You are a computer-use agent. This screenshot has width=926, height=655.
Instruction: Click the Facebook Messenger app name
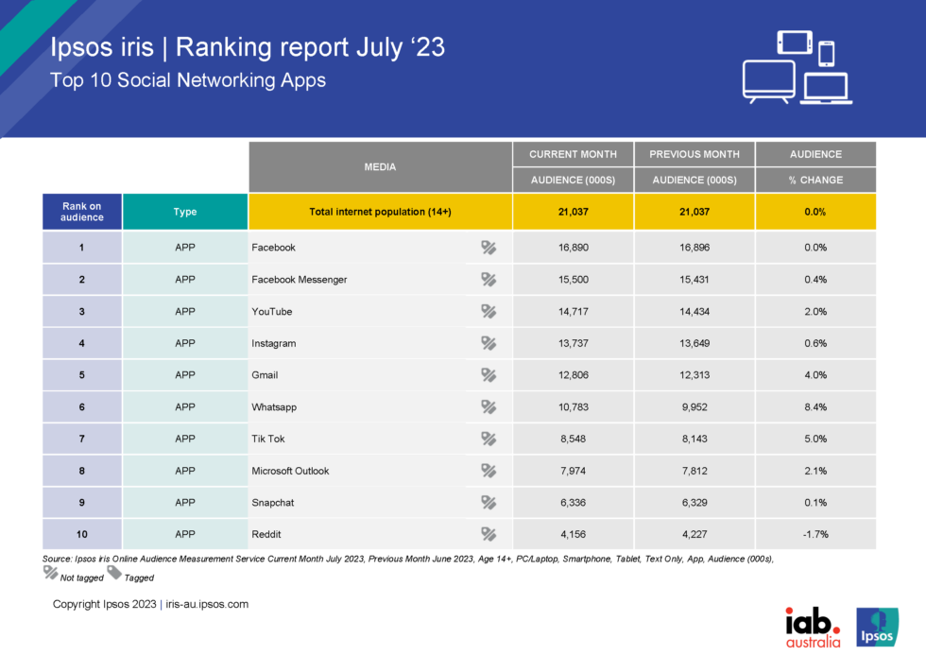(300, 280)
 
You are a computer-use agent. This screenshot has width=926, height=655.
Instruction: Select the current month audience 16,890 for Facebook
(573, 248)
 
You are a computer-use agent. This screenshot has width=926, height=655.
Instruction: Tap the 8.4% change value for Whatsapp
(815, 406)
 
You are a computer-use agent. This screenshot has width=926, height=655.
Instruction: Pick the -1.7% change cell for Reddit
(815, 534)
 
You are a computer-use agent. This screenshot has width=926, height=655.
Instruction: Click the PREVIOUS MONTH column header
(694, 154)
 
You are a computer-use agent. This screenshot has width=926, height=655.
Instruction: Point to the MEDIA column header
(380, 167)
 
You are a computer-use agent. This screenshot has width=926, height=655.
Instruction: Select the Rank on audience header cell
(81, 212)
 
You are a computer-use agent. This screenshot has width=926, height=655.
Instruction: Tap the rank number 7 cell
(81, 439)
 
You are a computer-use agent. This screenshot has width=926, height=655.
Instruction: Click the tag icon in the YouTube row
(489, 311)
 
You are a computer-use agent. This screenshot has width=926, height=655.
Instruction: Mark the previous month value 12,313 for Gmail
(694, 375)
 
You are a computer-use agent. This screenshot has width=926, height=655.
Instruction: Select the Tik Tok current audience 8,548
(573, 439)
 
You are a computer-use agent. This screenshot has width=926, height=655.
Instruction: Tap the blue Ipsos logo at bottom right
(876, 627)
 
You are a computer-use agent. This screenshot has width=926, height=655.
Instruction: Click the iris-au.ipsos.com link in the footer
(207, 604)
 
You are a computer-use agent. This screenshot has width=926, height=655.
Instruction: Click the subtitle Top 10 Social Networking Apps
(188, 80)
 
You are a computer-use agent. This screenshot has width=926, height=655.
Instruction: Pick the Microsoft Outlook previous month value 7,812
(694, 471)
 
